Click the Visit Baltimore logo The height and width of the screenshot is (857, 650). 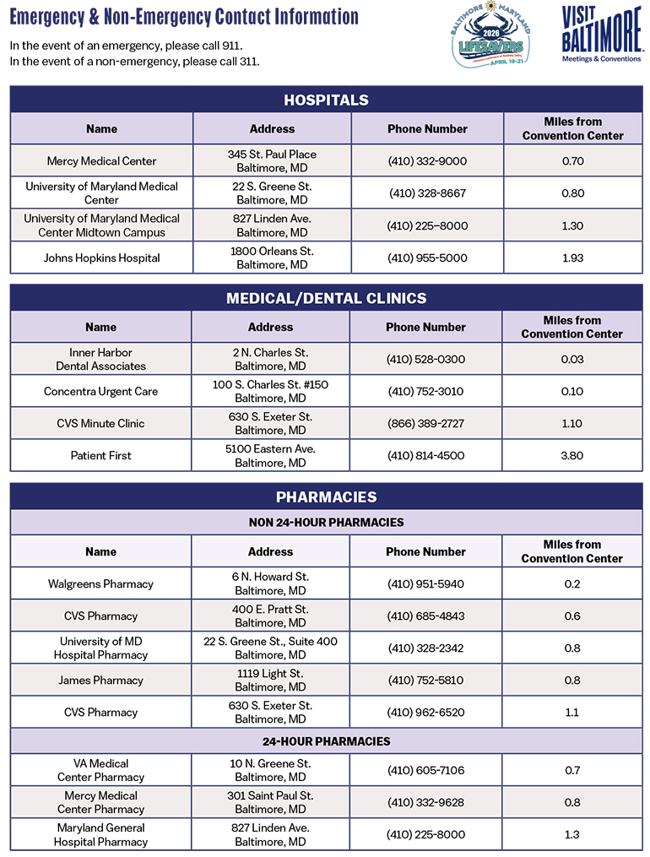pos(600,34)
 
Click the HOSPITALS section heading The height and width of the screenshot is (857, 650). pos(326,100)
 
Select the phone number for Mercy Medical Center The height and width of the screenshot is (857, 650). pos(427,161)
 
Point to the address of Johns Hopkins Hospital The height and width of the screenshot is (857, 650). pos(272,258)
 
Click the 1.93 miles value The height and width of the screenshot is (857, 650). pos(572,258)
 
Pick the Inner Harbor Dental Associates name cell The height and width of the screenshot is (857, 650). pos(100,360)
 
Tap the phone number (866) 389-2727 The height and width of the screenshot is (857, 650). pos(425,424)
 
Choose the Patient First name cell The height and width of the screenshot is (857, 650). pos(100,456)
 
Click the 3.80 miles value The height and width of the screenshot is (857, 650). pos(571,456)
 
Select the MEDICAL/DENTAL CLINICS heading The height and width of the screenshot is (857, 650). pos(326,298)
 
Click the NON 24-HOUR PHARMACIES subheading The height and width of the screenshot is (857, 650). pos(326,522)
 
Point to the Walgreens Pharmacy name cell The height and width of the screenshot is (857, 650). pos(100,584)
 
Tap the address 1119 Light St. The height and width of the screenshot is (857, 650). pos(270,674)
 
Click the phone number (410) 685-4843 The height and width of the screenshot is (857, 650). pos(425,616)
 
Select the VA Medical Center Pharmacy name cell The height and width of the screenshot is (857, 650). pos(100,770)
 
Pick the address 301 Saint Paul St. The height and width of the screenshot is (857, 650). pos(270,795)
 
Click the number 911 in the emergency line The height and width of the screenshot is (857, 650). pos(241,45)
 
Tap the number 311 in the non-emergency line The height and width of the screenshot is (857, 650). pos(248,62)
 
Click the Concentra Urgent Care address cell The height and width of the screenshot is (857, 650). pos(270,392)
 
